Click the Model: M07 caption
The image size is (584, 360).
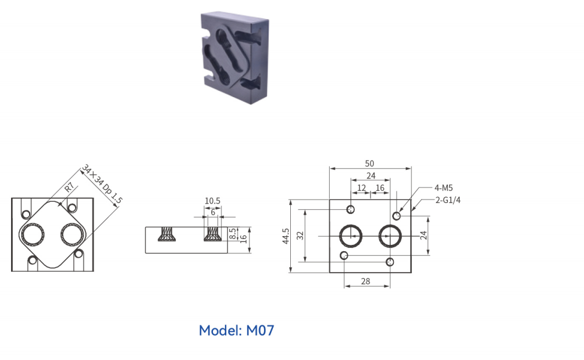point(237,330)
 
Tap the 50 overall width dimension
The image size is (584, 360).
point(369,163)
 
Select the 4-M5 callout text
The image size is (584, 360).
point(444,188)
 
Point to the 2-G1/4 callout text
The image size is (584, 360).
point(448,200)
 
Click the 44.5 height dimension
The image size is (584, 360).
point(286,236)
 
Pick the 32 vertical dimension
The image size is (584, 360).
point(300,236)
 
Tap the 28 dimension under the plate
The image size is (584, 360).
point(366,281)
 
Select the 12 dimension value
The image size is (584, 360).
point(361,188)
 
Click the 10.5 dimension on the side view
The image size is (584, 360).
point(212,201)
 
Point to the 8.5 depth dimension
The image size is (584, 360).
point(233,234)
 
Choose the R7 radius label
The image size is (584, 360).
point(69,187)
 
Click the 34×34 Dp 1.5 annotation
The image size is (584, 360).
point(102,184)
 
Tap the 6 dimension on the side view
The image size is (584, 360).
point(213,212)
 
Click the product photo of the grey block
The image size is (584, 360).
point(234,58)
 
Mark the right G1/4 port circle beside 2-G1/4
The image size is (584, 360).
point(390,236)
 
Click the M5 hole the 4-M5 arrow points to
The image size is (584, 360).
point(397,216)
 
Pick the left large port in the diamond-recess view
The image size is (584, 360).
point(33,236)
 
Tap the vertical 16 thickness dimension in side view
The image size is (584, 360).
point(244,238)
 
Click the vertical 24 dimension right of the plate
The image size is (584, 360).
point(423,236)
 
